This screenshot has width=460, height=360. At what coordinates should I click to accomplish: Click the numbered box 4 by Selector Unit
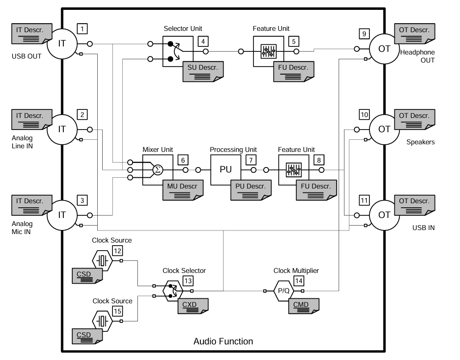(x=203, y=42)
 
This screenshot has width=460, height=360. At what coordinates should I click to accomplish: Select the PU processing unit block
(x=226, y=170)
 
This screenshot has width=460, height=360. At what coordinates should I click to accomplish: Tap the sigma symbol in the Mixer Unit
(x=157, y=170)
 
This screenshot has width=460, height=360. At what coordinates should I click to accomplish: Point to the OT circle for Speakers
(x=384, y=130)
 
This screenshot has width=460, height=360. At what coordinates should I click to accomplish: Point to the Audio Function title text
(x=223, y=342)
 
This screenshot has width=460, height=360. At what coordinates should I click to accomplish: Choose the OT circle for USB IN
(x=384, y=215)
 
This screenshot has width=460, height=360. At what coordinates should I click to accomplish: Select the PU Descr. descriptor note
(x=251, y=188)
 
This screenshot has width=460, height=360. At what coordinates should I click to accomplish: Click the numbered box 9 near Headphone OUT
(x=364, y=34)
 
